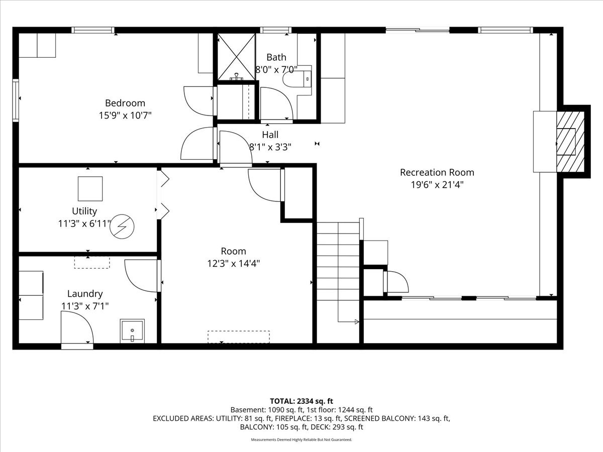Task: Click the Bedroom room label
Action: tap(125, 103)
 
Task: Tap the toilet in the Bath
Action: tap(297, 79)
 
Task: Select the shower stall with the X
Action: tap(236, 57)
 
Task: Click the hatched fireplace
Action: tap(570, 142)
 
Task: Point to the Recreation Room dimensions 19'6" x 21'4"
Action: tap(437, 185)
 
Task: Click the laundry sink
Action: tap(132, 330)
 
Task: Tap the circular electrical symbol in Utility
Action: tap(122, 227)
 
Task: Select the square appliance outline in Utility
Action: tap(90, 188)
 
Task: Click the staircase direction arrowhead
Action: tap(357, 321)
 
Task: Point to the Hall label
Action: tap(270, 135)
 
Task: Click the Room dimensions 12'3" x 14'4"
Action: tap(233, 264)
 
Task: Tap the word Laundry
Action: tap(85, 294)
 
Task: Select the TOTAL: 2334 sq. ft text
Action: tap(301, 401)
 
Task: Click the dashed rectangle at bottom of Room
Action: tap(239, 337)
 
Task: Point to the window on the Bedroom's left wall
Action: tap(16, 100)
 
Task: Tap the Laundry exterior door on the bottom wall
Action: tap(77, 347)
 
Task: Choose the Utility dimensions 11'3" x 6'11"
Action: tap(85, 223)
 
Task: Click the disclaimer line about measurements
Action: tap(301, 439)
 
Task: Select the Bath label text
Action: tap(276, 57)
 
